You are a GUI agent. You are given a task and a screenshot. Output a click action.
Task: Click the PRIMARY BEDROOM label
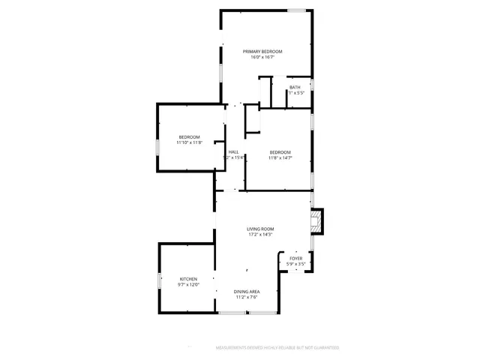[262, 51]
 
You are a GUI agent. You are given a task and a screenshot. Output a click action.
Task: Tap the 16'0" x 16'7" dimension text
[262, 57]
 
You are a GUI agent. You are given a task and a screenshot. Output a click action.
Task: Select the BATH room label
[295, 87]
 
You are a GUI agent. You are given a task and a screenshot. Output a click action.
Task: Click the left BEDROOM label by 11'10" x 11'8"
[189, 136]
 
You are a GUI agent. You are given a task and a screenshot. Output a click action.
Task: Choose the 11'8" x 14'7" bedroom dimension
[280, 157]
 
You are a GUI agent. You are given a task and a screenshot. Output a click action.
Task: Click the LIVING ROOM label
[260, 229]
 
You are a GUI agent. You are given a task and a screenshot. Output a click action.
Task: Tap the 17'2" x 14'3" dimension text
[260, 235]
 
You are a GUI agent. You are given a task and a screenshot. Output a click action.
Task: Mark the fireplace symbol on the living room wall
[317, 222]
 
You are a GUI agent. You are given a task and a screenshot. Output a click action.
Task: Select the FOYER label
[296, 258]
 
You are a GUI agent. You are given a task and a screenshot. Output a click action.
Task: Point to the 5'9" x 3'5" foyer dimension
[296, 264]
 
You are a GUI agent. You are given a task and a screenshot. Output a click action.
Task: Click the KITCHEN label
[188, 279]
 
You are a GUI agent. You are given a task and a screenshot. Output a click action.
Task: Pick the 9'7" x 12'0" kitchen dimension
[188, 285]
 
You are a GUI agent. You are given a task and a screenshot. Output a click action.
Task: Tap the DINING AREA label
[246, 292]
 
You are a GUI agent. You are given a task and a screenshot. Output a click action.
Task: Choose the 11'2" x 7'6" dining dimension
[246, 298]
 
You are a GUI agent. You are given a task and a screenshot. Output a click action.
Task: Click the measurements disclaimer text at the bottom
[277, 348]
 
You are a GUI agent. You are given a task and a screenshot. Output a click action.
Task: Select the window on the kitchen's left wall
[158, 280]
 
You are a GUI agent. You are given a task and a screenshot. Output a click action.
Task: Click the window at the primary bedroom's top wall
[298, 10]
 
